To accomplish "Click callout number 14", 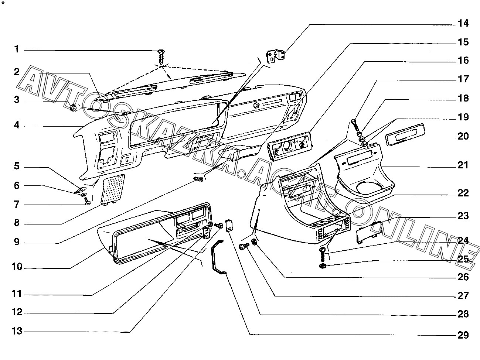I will pos(463,23).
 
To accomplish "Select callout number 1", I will pos(16,49).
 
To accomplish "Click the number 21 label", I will pos(463,165).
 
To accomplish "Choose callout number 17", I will pos(463,79).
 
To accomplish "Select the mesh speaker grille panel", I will pos(112,188).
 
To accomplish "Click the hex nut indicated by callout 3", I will pos(73,107).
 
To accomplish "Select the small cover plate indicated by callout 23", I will pos(367,232).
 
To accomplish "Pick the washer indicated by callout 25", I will pos(322,266).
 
